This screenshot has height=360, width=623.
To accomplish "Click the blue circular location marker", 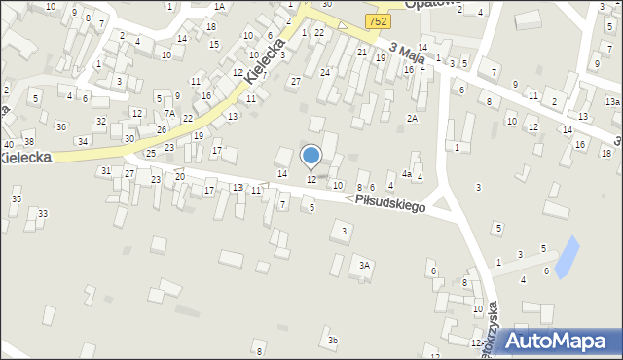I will tap(311, 156).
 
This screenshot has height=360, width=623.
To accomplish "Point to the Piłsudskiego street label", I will tap(389, 201).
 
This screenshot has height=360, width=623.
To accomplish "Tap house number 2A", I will tap(413, 118).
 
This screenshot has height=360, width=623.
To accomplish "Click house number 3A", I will tap(365, 265).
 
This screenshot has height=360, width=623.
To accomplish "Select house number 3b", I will tap(333, 340).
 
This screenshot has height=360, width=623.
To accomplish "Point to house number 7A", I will tap(169, 114).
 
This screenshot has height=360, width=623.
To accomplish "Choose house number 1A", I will tap(219, 7).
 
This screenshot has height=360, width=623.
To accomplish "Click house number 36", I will tap(61, 126).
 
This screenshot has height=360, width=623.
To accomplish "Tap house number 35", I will tap(16, 198).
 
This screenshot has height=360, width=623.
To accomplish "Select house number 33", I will tap(42, 213).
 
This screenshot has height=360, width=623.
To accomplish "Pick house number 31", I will tap(105, 170).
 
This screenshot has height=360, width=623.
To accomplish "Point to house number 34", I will tap(84, 141).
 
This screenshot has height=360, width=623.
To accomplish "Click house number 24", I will tap(325, 73).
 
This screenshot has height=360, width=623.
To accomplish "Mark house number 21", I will tap(361, 52).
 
